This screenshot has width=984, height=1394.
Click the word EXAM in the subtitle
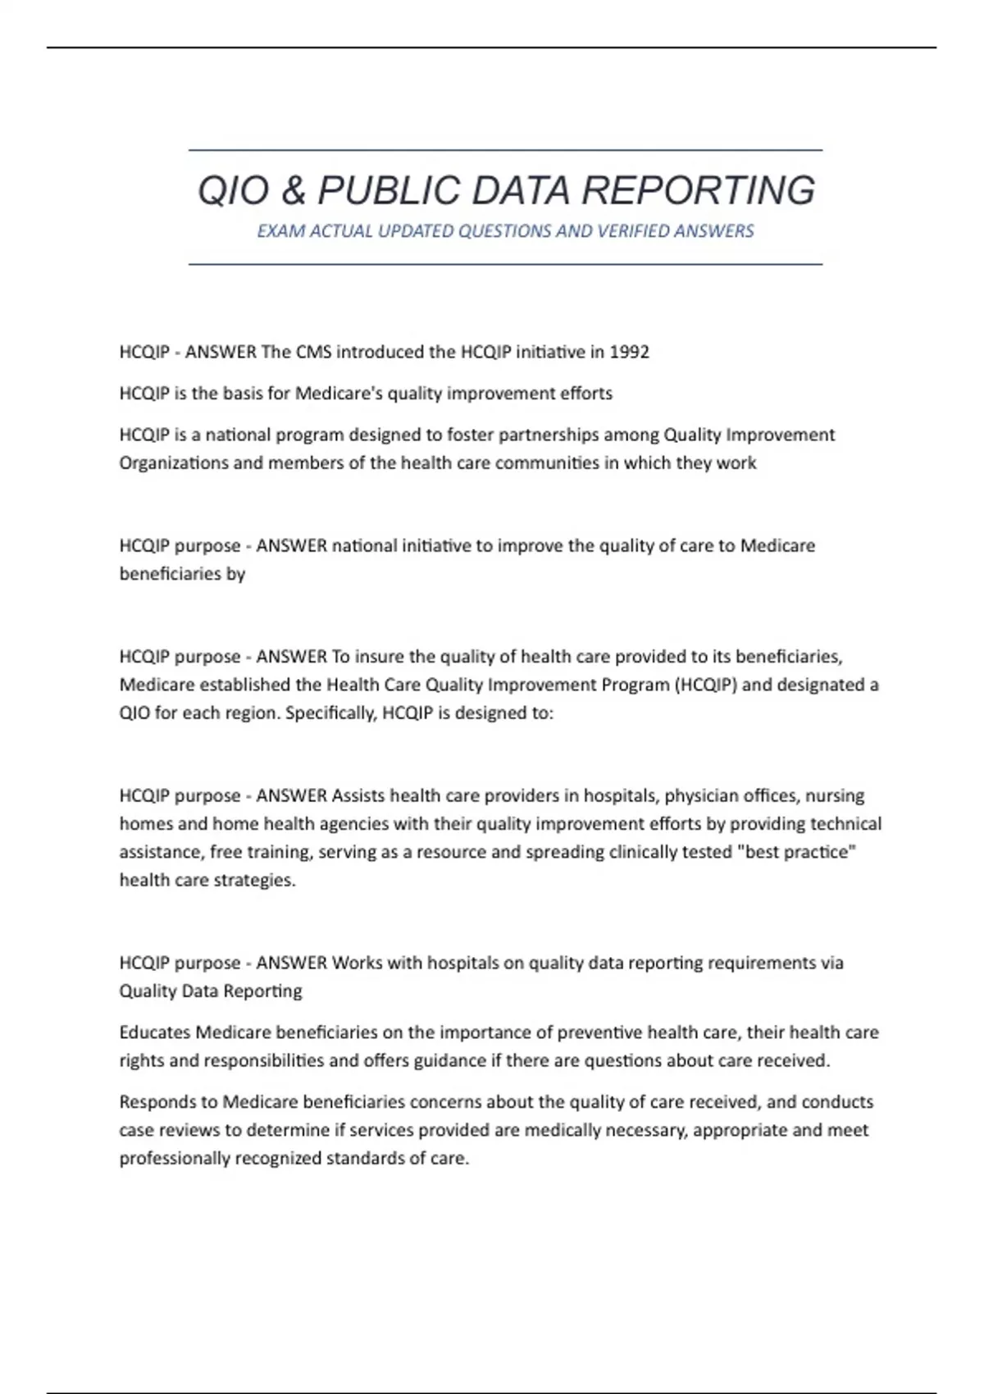[x=276, y=231]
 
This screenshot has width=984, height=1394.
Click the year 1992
[x=629, y=353]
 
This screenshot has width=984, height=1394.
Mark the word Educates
[x=155, y=1032]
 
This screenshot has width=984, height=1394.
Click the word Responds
[x=158, y=1102]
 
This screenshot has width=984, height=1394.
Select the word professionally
[x=175, y=1159]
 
